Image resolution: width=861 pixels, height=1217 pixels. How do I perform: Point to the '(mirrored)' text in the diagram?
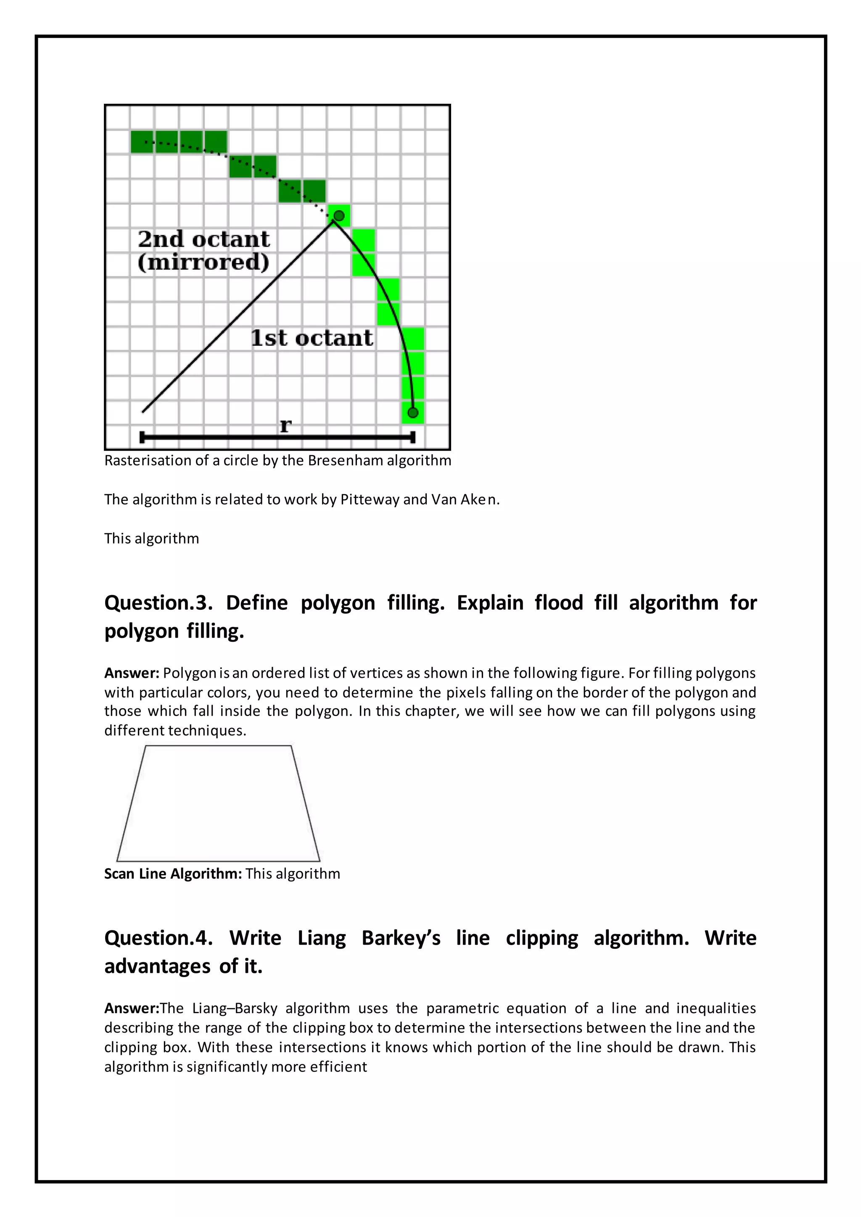(203, 262)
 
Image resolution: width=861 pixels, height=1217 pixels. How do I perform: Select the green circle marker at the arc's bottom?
(413, 412)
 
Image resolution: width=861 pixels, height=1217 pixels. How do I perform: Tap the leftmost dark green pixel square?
(142, 142)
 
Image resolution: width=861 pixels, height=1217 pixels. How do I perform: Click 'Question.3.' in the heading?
(158, 603)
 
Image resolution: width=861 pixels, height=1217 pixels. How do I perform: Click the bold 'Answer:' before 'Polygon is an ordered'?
(132, 673)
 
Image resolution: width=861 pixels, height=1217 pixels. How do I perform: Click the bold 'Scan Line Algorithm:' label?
(173, 874)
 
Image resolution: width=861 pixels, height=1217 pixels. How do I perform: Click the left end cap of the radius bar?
(142, 437)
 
